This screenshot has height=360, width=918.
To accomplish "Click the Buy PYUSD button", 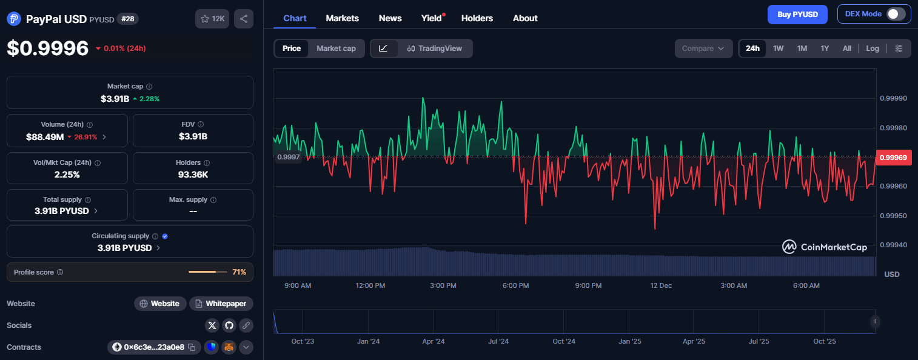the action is click(797, 15).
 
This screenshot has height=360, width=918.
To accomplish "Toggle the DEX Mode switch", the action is click(896, 14).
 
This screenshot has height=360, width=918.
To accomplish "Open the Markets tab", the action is click(342, 18).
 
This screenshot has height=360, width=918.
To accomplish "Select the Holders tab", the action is click(477, 18).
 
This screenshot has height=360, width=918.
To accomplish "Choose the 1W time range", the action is click(778, 48).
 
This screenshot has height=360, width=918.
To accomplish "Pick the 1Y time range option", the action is click(825, 48).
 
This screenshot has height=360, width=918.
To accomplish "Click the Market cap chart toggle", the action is click(336, 48).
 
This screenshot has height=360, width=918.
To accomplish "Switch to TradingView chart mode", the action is click(434, 48).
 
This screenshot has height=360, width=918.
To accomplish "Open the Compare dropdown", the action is click(703, 48).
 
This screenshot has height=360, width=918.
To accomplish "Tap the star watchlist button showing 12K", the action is click(212, 19).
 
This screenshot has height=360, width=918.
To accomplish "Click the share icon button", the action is click(243, 19).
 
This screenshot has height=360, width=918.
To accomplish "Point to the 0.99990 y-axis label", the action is click(893, 98).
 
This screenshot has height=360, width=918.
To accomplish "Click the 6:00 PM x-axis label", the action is click(515, 285).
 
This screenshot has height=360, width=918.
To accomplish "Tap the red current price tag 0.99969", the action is click(893, 158).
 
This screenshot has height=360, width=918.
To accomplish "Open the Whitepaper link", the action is click(221, 304).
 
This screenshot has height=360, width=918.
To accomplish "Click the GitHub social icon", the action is click(229, 325).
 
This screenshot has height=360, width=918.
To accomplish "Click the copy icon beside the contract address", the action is click(192, 347).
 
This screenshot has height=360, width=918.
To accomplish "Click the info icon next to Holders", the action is click(207, 163).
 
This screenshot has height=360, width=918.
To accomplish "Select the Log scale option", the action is click(872, 48).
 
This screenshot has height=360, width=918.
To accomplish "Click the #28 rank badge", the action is click(128, 19).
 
